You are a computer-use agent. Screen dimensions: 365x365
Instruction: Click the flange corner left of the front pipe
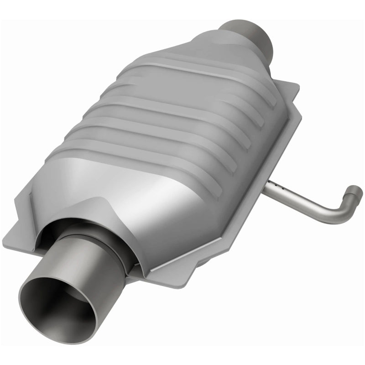pyautogui.click(x=18, y=228)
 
